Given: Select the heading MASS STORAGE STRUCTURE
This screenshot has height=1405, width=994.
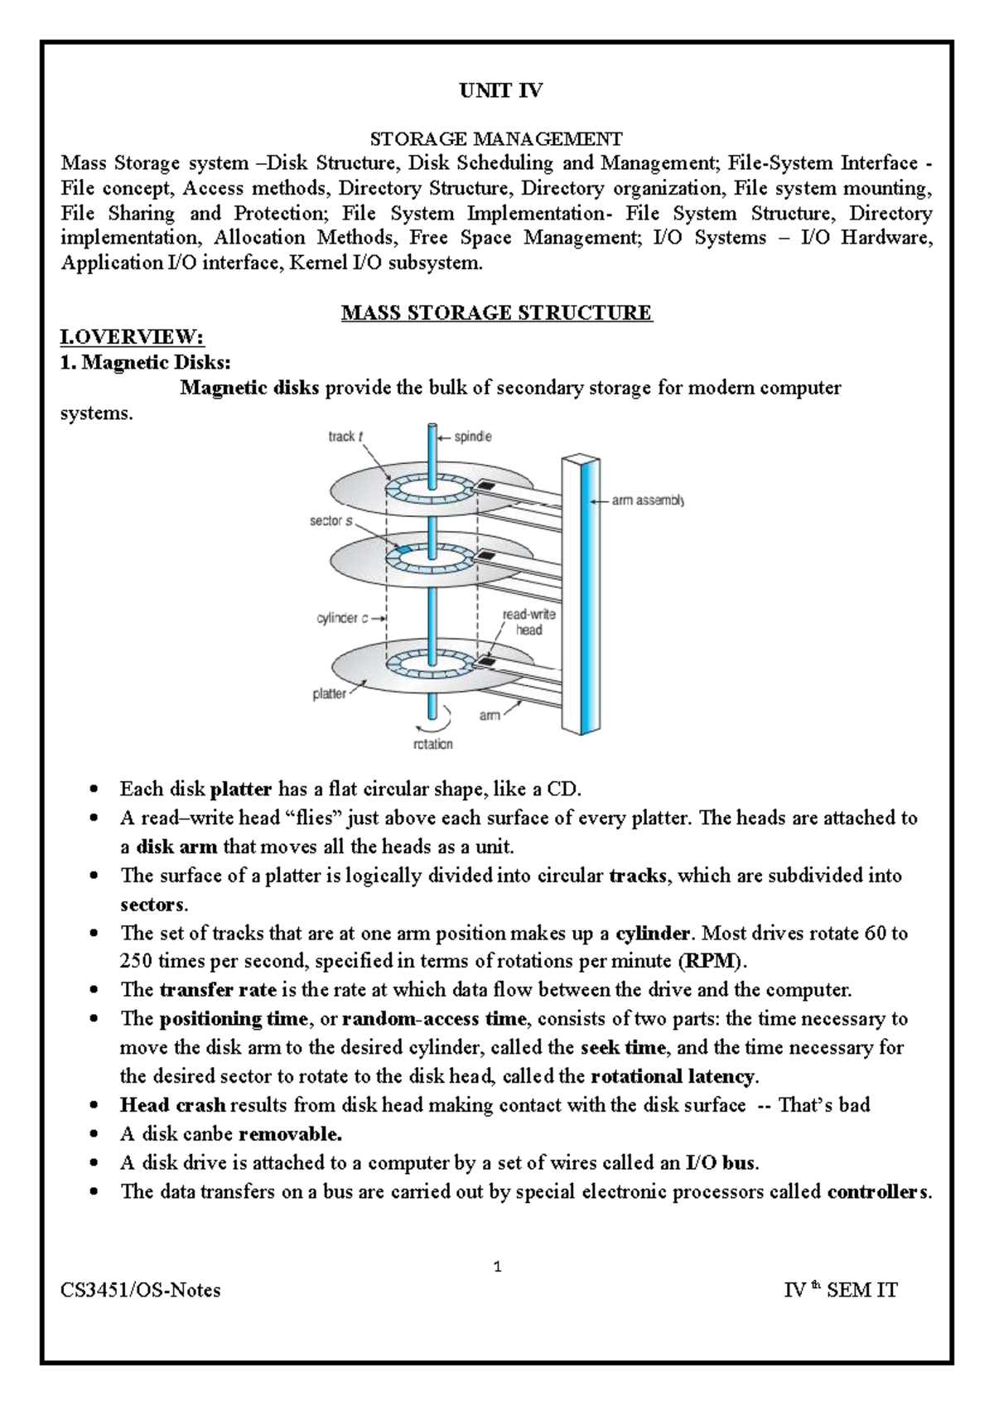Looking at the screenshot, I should tap(497, 313).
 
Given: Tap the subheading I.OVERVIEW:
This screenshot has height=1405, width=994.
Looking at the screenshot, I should tap(132, 338).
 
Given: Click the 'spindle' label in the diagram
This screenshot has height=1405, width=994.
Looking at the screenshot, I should tap(473, 437).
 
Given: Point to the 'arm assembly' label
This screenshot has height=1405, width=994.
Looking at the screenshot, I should tap(647, 500).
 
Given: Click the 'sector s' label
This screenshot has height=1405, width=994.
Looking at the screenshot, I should tap(331, 521).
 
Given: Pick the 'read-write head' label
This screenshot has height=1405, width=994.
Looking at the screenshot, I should tap(528, 622).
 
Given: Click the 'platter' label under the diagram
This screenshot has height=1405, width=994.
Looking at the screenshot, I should tap(329, 694).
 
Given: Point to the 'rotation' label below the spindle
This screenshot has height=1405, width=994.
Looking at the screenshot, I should tap(432, 744).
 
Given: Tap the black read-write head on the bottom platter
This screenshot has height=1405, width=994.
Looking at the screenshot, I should tap(486, 662).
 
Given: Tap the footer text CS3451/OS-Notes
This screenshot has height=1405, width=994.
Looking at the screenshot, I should tap(141, 1291).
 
